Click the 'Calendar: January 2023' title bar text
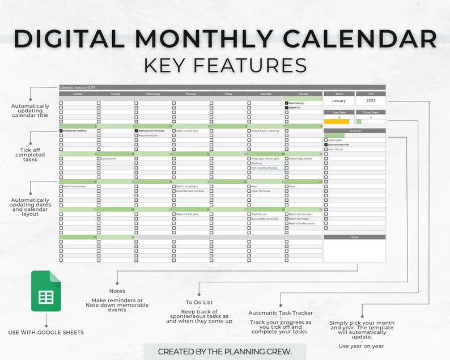[x=78, y=87]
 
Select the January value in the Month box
[x=338, y=100]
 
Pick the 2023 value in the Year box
[x=371, y=100]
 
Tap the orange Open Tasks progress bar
[x=337, y=121]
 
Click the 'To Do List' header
[x=354, y=130]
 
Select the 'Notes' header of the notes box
[x=354, y=238]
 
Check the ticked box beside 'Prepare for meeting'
[x=61, y=131]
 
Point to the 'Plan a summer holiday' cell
[x=265, y=168]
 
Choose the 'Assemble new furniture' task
[x=189, y=191]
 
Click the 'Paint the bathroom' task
[x=74, y=186]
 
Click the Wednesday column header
[x=152, y=94]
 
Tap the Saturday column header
[x=265, y=94]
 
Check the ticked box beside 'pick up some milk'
[x=326, y=145]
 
